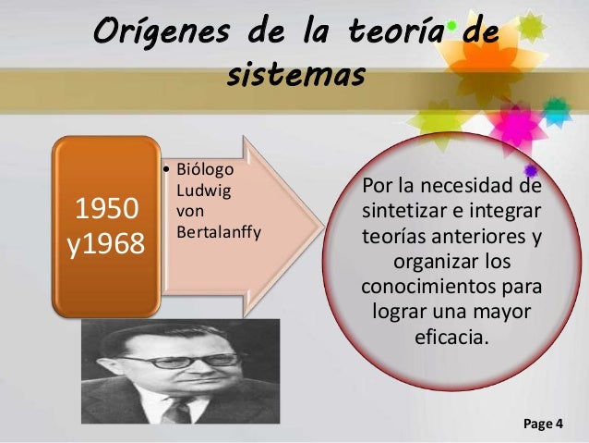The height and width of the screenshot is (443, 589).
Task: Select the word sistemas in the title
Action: click(295, 74)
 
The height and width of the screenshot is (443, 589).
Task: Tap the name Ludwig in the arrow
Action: click(202, 191)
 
